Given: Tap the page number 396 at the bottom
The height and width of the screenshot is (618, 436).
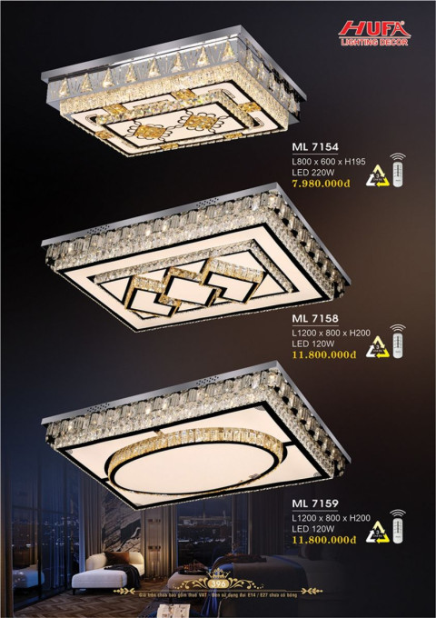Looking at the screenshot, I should click(x=218, y=583).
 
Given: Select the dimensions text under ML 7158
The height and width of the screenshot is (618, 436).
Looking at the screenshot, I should click(x=328, y=333).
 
